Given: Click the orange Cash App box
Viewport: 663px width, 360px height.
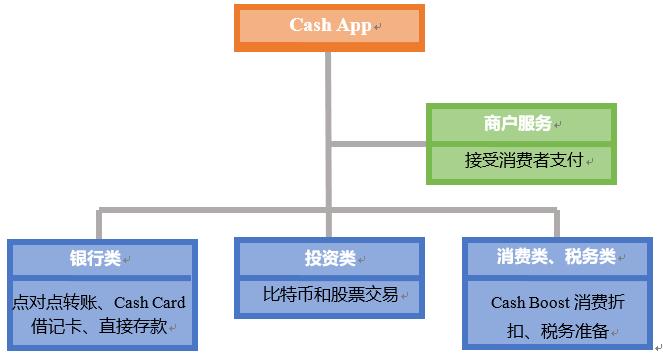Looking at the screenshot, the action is tap(329, 27).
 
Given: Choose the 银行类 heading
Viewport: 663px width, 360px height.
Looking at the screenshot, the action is tap(96, 258).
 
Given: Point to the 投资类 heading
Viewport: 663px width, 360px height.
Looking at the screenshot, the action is tap(330, 258).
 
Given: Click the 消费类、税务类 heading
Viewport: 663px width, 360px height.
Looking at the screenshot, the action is tap(556, 257).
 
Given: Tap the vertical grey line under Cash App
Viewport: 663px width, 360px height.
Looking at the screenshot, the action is tap(328, 100).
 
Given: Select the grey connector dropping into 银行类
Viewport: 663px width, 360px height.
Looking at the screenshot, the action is tap(99, 224).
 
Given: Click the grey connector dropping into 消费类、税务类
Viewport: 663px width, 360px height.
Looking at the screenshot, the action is tap(556, 224).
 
